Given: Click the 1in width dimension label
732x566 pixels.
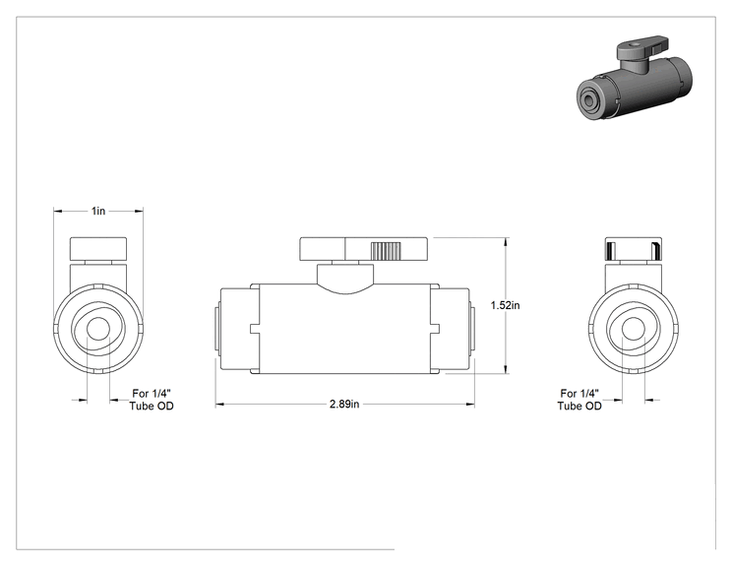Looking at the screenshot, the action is (98, 211).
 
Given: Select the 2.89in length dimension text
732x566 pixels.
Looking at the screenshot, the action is (344, 404).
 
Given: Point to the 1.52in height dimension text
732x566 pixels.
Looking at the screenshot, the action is (505, 305).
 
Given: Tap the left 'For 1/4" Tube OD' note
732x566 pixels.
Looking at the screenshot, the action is (152, 400).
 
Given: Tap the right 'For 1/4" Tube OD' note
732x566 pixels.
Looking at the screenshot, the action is (579, 400).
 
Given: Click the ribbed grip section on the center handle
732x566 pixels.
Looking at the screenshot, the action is (386, 251).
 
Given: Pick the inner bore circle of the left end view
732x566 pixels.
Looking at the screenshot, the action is (98, 329).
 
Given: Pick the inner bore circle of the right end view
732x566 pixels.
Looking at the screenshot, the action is (634, 329).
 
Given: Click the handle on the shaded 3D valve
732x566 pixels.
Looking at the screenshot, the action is (641, 47).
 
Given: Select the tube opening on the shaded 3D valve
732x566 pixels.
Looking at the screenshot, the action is (585, 99).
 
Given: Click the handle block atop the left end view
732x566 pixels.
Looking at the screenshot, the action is (98, 249).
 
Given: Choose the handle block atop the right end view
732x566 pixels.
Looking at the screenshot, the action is (634, 249).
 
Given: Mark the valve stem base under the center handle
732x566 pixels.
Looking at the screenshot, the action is (345, 279).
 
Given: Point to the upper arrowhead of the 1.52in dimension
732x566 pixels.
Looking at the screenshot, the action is (506, 243).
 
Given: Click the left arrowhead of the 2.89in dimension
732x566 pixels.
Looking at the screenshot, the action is (220, 405).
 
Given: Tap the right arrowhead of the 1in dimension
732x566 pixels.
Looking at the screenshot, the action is (138, 211).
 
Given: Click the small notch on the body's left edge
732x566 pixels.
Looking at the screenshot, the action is (255, 329).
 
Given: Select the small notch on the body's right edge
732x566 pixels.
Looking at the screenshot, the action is (435, 329).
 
